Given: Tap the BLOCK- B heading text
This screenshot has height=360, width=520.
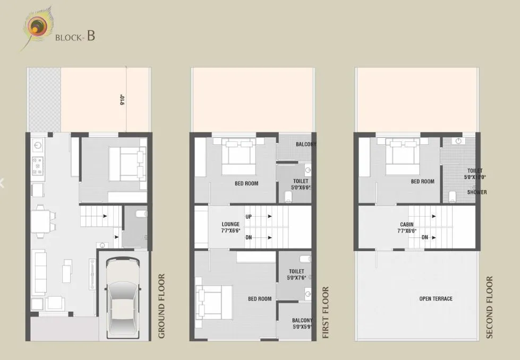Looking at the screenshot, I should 75,37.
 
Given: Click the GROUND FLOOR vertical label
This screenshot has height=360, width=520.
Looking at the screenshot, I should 161,306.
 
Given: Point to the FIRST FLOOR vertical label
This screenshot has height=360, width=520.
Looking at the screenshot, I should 326,312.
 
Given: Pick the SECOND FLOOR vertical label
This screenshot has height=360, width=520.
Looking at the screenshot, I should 489,307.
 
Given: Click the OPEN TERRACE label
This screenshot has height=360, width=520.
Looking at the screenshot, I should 436,299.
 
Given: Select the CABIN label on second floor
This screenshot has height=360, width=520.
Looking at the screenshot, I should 407,228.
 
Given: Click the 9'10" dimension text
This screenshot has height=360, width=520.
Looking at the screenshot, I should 122,100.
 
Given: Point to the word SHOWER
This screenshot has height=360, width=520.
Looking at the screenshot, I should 476,192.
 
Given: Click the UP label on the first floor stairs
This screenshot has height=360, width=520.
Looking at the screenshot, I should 249,217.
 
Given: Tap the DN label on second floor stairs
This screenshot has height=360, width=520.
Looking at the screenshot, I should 424,237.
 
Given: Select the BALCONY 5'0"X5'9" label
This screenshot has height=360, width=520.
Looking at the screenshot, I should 301,324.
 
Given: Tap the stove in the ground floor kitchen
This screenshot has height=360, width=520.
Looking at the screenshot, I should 38,166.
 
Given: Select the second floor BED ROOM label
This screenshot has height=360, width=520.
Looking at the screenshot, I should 422,182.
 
